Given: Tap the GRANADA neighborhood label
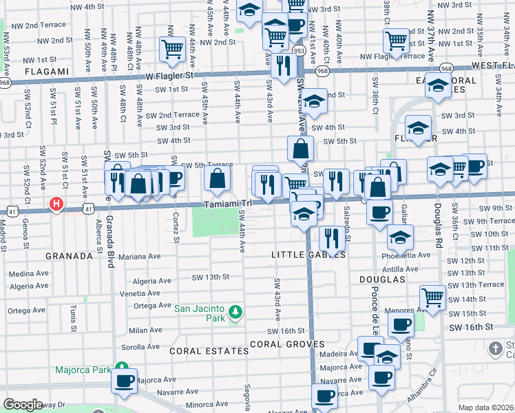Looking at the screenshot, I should point(69,256).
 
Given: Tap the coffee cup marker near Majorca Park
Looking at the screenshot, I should point(125,381).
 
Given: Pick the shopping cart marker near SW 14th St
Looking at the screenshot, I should point(432,297).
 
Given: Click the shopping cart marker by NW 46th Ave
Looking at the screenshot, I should point(171,48).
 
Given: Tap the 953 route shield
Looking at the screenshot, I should point(299,50).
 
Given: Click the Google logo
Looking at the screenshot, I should point(23,405).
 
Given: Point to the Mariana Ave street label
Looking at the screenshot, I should point(139,256).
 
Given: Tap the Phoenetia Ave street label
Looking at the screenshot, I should point(410,255).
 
